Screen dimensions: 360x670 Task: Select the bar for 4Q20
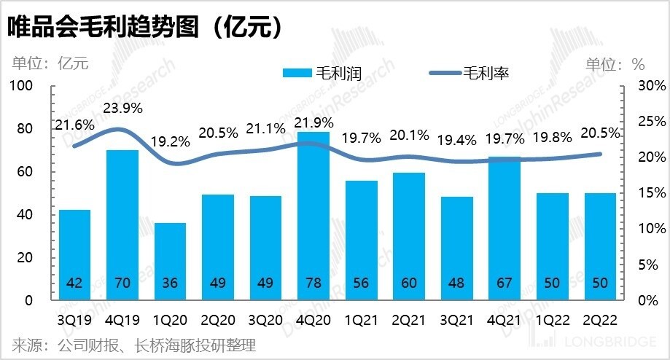coord(313,215)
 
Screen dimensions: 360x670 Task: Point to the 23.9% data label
coord(122,109)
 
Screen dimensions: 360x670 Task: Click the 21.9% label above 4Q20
coord(313,121)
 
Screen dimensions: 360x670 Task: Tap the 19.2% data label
coord(170,141)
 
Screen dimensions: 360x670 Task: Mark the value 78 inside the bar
coord(313,283)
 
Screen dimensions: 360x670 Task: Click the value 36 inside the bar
coord(170,283)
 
